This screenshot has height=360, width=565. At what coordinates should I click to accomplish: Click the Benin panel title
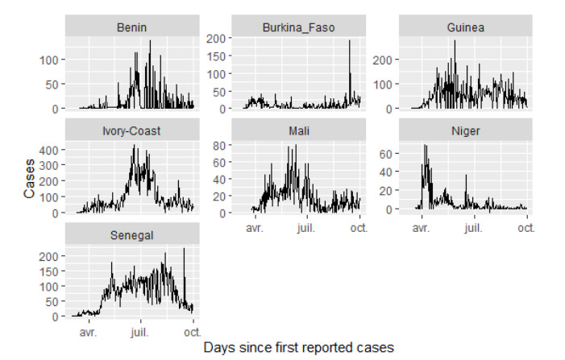pos(131,28)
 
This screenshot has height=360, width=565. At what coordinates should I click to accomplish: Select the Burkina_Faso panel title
pos(298,28)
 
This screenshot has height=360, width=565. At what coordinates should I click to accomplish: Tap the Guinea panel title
pos(465,28)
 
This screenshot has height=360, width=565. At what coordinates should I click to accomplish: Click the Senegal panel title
pos(131,234)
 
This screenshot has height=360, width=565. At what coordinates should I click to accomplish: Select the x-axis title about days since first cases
pos(298,348)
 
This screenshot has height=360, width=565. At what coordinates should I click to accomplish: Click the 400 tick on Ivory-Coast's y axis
pos(48,150)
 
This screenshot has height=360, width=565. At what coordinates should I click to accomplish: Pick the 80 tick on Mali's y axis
pos(219,147)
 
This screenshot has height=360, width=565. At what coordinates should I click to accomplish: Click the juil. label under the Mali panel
pos(307,228)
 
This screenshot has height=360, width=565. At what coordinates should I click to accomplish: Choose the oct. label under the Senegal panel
pos(192,331)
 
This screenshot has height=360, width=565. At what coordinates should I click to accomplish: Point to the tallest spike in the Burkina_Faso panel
pos(350,41)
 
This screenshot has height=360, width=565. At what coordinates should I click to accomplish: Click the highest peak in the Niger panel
pos(426,146)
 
